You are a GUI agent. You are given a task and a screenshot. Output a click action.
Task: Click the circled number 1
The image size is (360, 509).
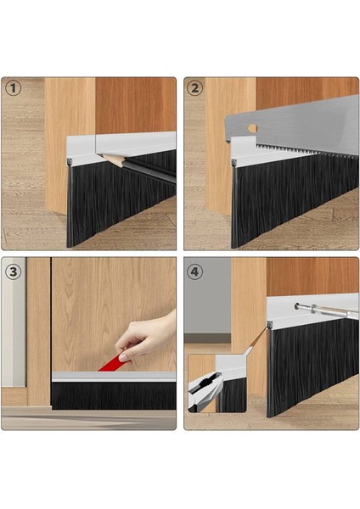click(x=14, y=88)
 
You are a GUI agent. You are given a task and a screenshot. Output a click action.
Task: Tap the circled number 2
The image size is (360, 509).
click(x=194, y=88)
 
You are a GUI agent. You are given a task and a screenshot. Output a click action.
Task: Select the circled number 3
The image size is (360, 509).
click(x=14, y=271)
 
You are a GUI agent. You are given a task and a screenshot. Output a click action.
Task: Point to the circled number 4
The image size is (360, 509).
click(x=194, y=271)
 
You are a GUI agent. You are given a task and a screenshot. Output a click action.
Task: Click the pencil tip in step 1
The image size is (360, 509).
click(x=104, y=156)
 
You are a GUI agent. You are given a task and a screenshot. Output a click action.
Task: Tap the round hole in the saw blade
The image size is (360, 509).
click(x=252, y=128)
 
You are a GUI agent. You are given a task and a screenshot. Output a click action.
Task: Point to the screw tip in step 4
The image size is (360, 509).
click(x=296, y=305)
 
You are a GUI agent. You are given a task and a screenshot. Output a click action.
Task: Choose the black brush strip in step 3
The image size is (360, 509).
click(x=114, y=395)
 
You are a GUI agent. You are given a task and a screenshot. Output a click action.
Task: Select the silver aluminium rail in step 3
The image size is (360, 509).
click(x=114, y=377)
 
